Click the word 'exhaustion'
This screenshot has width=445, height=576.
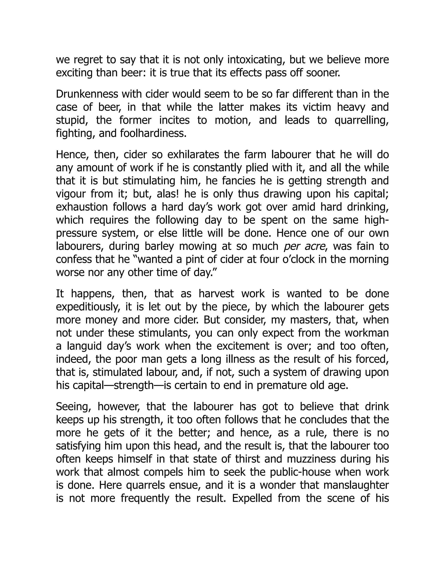click(x=82, y=207)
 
